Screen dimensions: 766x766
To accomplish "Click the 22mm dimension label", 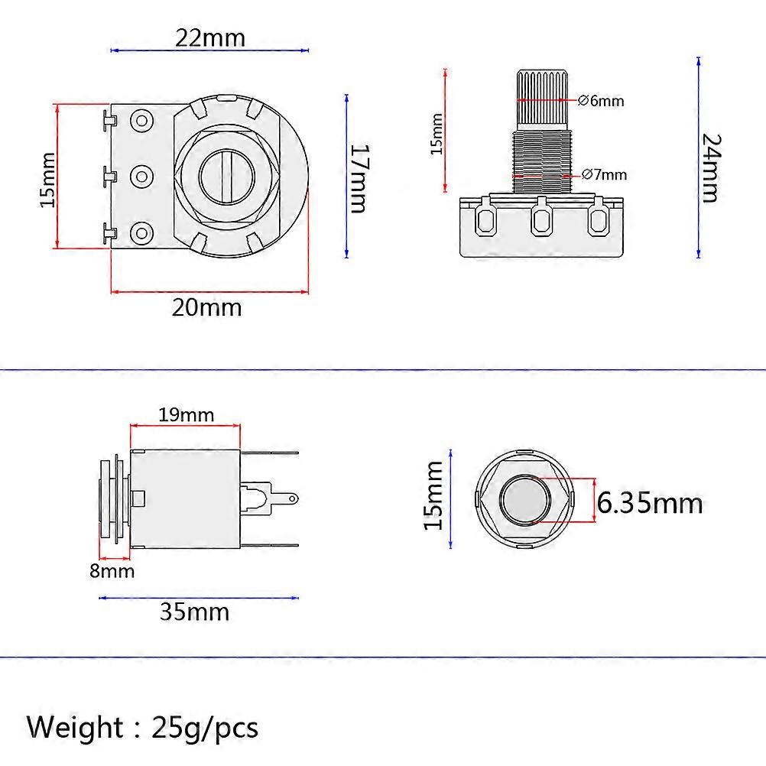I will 210,37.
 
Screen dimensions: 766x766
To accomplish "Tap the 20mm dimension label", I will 206,307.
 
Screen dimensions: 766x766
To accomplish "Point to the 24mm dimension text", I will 710,167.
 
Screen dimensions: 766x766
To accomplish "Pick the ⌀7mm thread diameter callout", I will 603,174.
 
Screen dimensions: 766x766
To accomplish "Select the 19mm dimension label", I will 186,415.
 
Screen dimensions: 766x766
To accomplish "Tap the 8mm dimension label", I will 112,571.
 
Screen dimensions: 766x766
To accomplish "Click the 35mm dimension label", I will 194,612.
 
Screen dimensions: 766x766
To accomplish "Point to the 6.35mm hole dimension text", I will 650,503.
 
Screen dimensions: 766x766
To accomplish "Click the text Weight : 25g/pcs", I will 143,726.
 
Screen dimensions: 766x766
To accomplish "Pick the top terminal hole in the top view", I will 141,120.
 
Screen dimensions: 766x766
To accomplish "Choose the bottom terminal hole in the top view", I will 141,232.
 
